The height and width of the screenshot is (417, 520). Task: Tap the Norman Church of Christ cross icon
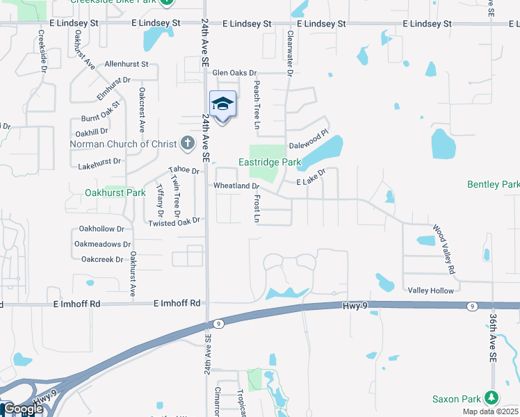(186, 144)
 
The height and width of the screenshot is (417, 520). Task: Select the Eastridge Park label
(270, 162)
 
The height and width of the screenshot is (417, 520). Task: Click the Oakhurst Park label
(115, 193)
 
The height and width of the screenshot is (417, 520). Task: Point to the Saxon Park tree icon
(491, 398)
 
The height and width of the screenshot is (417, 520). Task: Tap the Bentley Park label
(494, 184)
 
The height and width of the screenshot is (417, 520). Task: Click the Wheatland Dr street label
(236, 186)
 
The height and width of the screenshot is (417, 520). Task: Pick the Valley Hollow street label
(430, 291)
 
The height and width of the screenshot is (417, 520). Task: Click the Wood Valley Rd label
(444, 248)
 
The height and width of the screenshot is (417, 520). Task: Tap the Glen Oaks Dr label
(234, 72)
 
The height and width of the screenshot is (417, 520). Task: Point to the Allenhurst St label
(127, 64)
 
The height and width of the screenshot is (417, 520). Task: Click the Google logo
(23, 409)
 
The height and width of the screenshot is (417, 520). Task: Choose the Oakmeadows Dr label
(102, 244)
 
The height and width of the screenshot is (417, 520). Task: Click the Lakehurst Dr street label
(99, 161)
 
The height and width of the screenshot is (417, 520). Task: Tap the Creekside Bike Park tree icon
(167, 2)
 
